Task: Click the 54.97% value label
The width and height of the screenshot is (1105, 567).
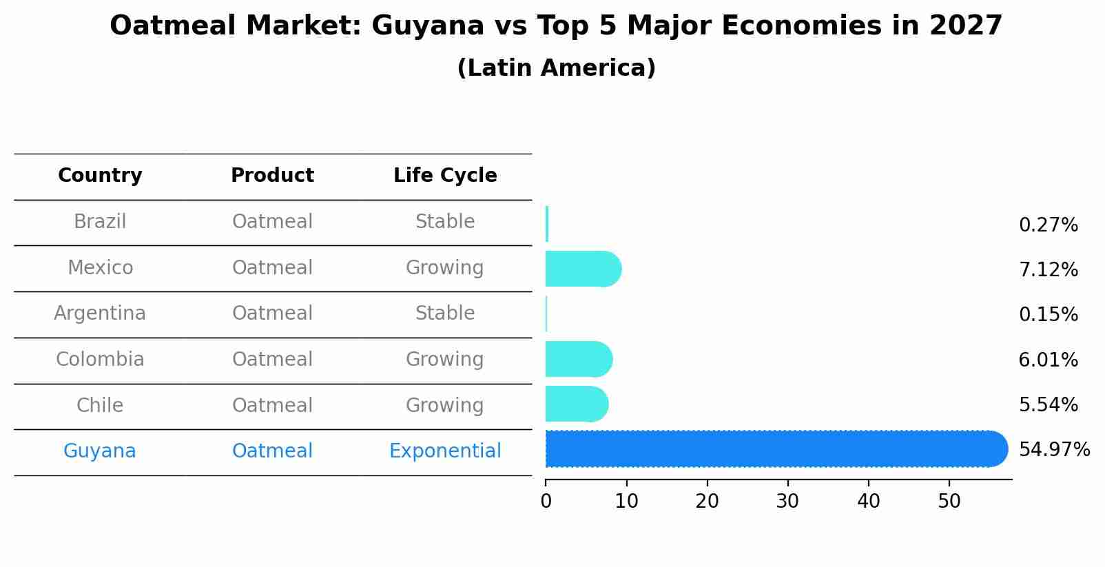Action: (x=1054, y=450)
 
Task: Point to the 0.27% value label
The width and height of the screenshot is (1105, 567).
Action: (x=1048, y=225)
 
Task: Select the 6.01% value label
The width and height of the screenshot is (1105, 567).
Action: (x=1048, y=360)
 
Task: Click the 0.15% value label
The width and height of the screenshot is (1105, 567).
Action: (x=1048, y=315)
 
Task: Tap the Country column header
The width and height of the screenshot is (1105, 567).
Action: (x=100, y=176)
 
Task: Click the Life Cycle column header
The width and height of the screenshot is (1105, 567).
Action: (x=445, y=176)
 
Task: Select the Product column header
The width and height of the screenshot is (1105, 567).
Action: (x=272, y=176)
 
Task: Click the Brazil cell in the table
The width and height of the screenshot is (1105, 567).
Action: (x=100, y=222)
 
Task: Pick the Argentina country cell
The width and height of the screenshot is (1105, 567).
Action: (x=100, y=313)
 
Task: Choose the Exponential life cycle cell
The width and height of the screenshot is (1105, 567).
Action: (x=445, y=451)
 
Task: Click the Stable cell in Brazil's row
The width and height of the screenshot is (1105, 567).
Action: (x=445, y=222)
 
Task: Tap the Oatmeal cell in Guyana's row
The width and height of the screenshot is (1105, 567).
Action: (x=272, y=451)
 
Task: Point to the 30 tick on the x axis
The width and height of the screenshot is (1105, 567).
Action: (x=787, y=502)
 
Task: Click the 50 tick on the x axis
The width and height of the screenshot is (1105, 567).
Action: (x=949, y=502)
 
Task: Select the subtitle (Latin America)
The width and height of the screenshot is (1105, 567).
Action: (x=556, y=68)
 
